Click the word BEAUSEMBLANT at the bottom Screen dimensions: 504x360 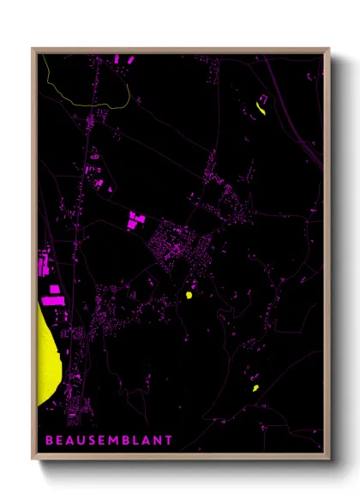(x=109, y=441)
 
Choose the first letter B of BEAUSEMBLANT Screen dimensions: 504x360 (x=48, y=441)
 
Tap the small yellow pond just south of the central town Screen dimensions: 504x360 (x=188, y=295)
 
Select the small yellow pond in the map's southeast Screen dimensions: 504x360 (x=255, y=387)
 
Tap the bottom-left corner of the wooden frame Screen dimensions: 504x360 (x=33, y=459)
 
